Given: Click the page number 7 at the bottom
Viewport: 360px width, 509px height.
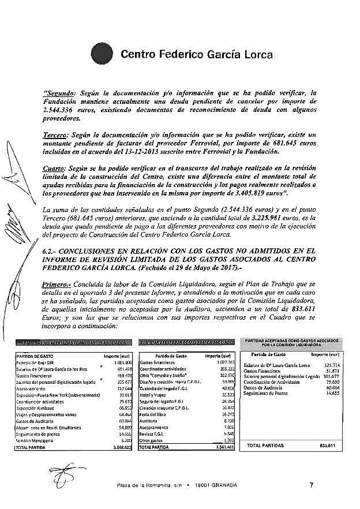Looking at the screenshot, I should coord(312,485).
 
